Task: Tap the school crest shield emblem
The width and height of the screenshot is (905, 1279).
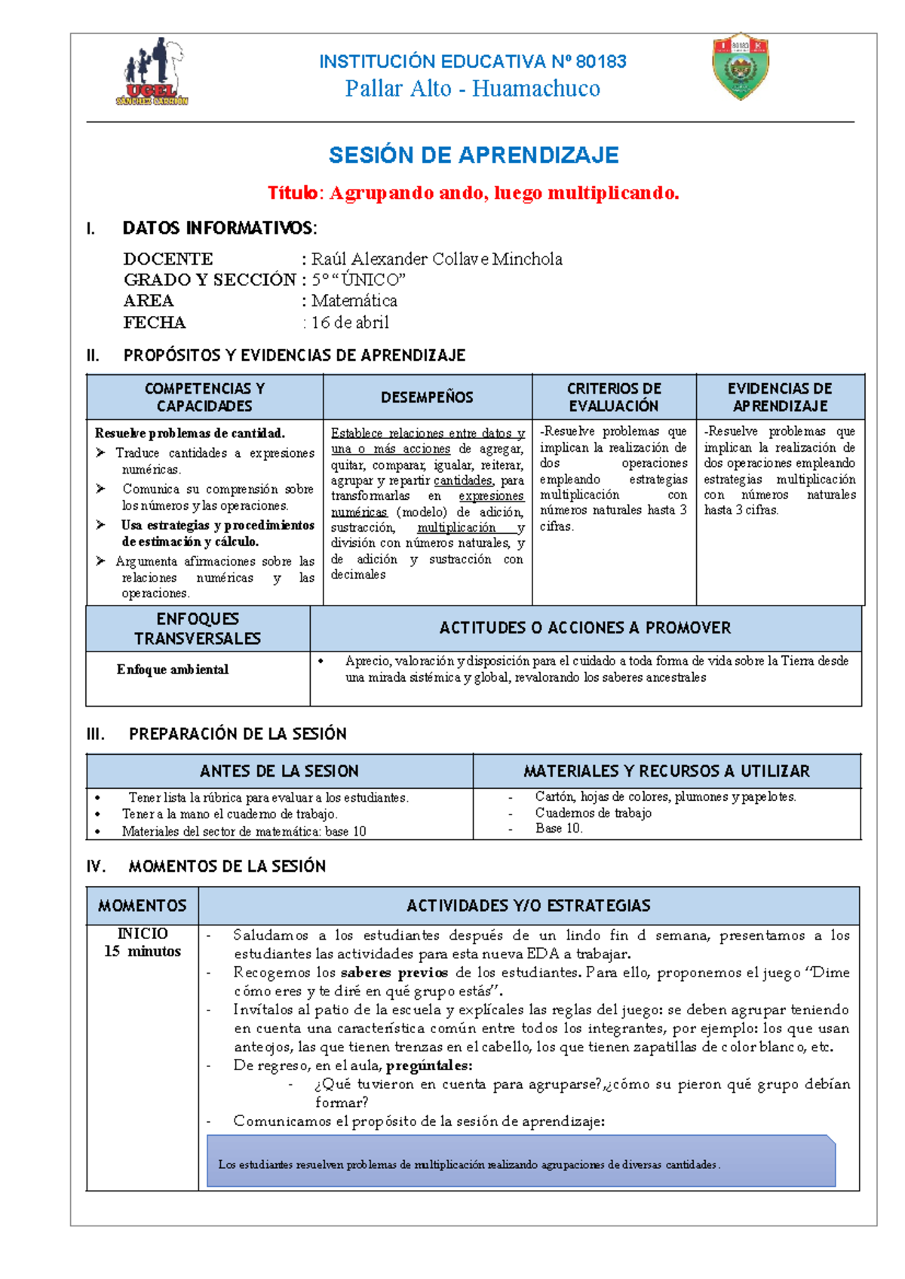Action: [741, 66]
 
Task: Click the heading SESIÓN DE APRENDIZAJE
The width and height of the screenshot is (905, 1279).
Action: [474, 155]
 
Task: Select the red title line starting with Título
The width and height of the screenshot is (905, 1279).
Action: [474, 193]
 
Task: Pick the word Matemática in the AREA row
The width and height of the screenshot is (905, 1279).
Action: [354, 301]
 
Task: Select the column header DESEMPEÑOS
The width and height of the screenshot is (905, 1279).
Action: [427, 397]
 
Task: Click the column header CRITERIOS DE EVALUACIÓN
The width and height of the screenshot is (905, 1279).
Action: [614, 397]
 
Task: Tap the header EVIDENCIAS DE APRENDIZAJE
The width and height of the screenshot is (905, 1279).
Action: [780, 397]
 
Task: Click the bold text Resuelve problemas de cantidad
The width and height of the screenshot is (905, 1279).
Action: [189, 433]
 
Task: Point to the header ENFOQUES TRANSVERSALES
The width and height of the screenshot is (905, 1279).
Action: [198, 628]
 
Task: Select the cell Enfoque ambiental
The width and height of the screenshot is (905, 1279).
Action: [173, 670]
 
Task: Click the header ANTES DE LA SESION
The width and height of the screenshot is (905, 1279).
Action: [279, 771]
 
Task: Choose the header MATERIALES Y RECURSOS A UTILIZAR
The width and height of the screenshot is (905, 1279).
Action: [667, 771]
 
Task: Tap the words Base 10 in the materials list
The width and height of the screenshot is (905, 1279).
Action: [558, 828]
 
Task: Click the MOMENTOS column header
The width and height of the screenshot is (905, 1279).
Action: [143, 906]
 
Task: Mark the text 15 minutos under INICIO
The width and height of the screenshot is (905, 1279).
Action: [143, 952]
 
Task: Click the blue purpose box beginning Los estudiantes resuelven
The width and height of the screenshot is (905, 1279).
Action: [520, 1162]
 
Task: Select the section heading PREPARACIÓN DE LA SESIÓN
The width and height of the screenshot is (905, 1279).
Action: [238, 734]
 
